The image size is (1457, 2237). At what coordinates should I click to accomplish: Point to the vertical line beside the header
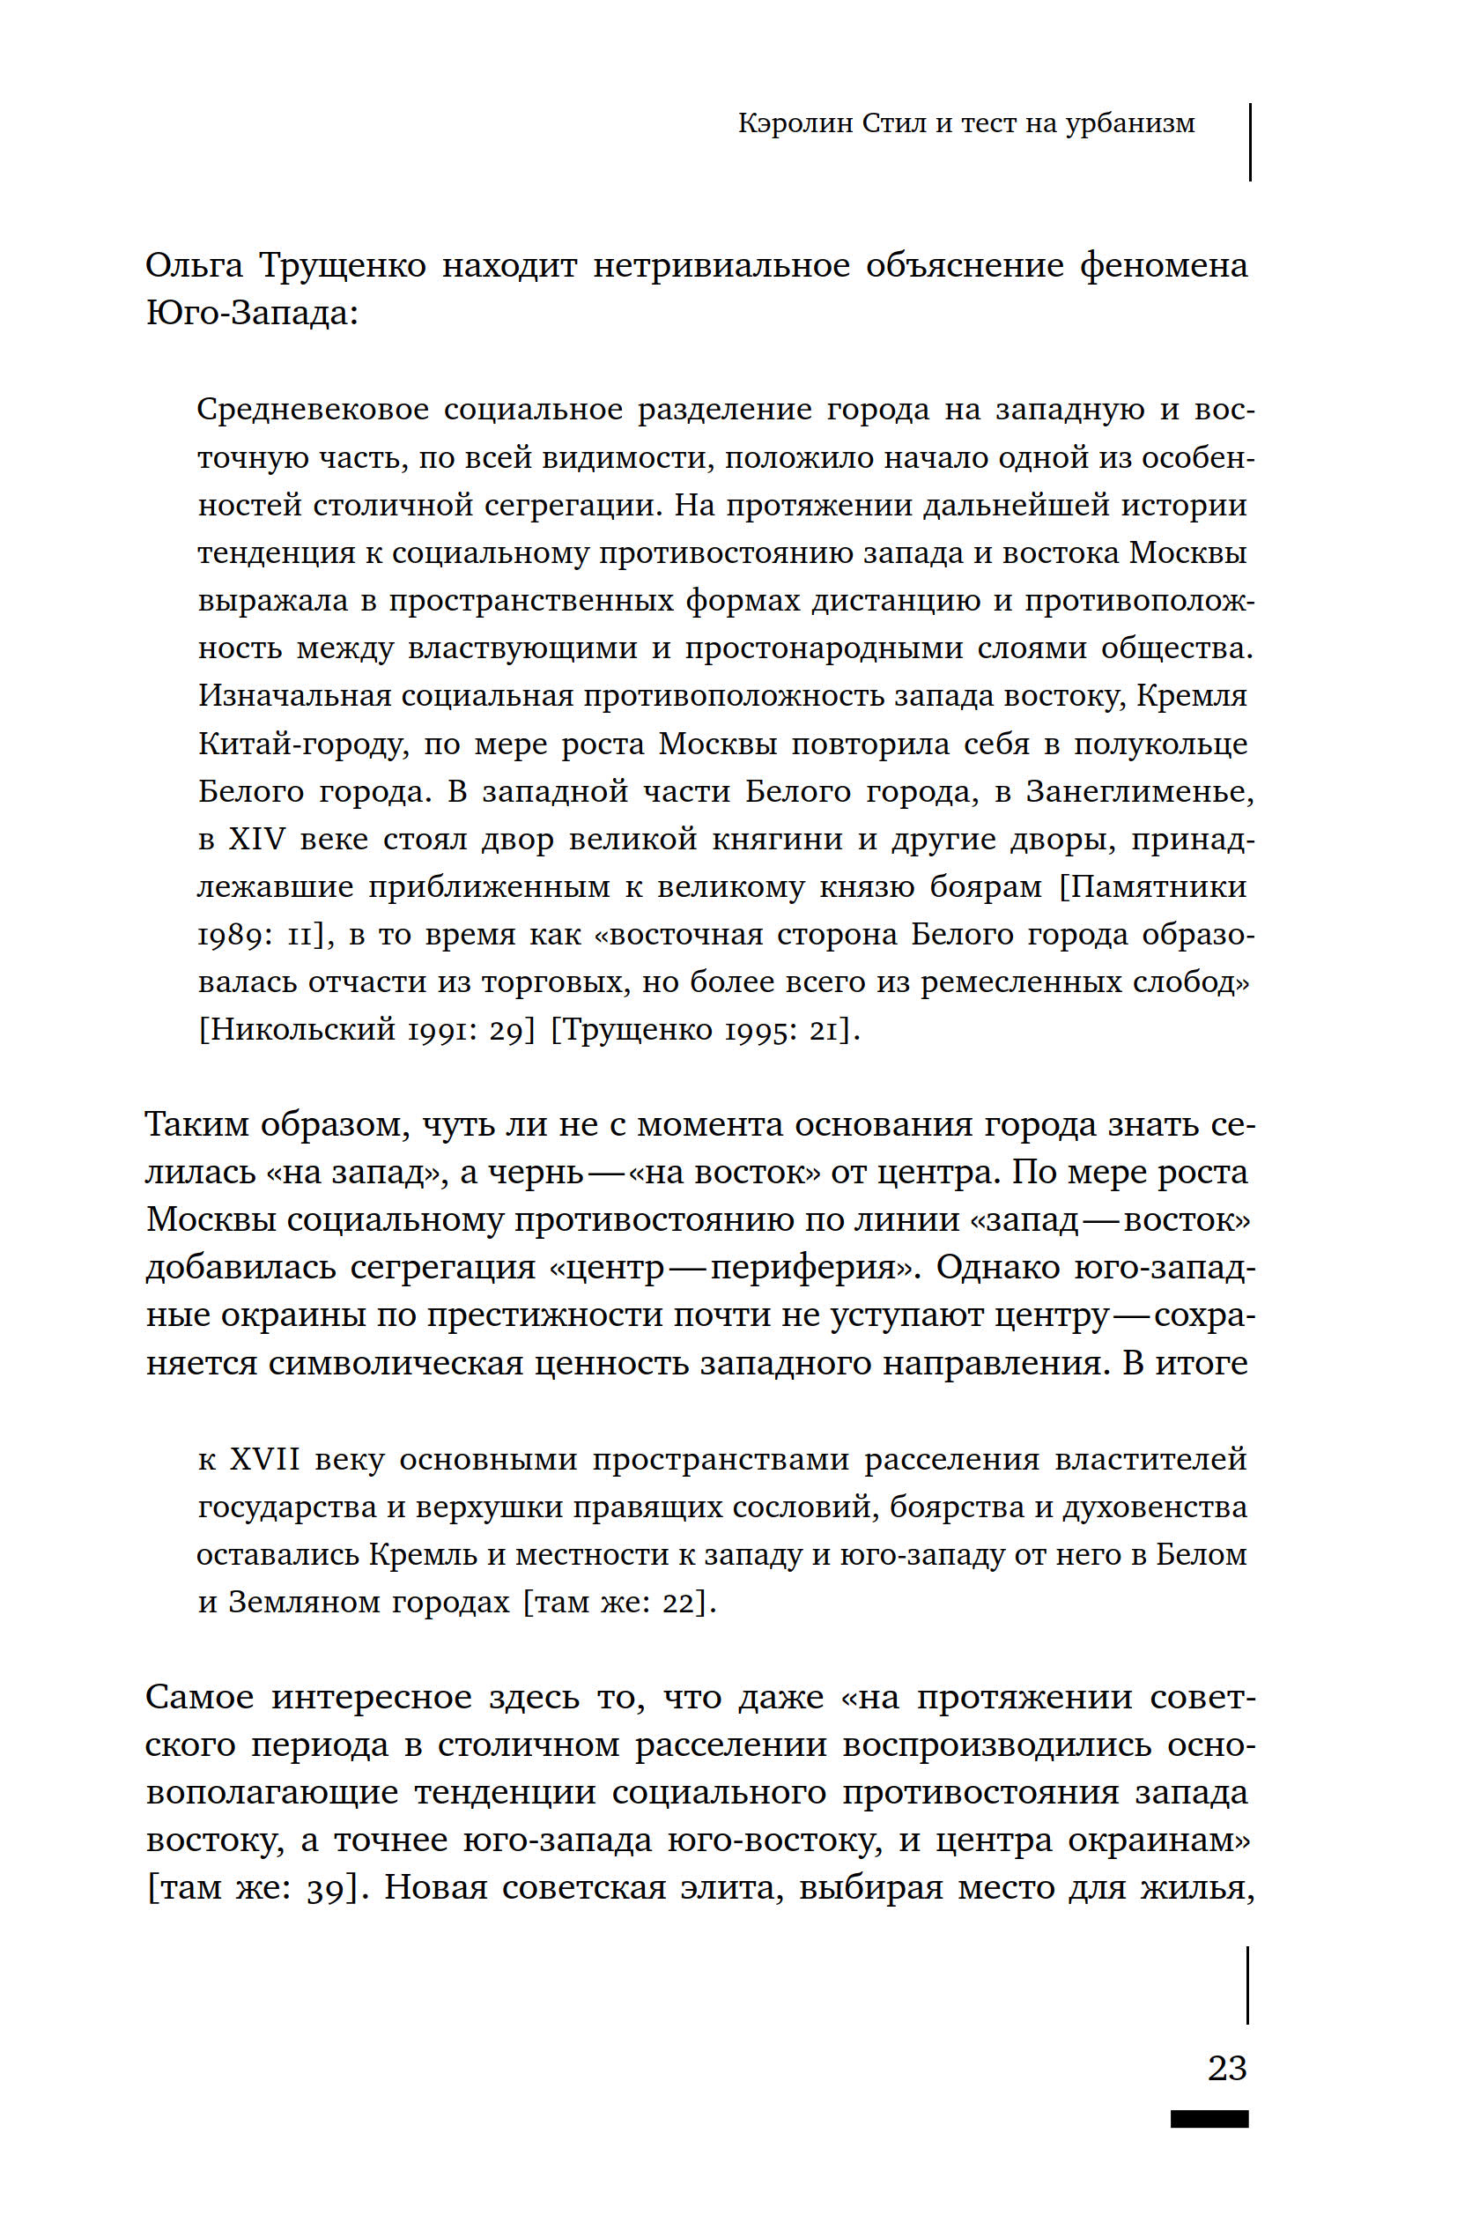click(x=1249, y=142)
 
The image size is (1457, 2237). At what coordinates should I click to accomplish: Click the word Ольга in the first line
click(x=194, y=266)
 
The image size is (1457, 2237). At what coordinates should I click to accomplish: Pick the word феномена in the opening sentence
click(x=1163, y=266)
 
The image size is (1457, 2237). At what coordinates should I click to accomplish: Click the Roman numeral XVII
click(x=265, y=1459)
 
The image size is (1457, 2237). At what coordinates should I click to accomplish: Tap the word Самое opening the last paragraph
click(x=199, y=1698)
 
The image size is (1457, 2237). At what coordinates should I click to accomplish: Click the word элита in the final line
click(x=729, y=1887)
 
